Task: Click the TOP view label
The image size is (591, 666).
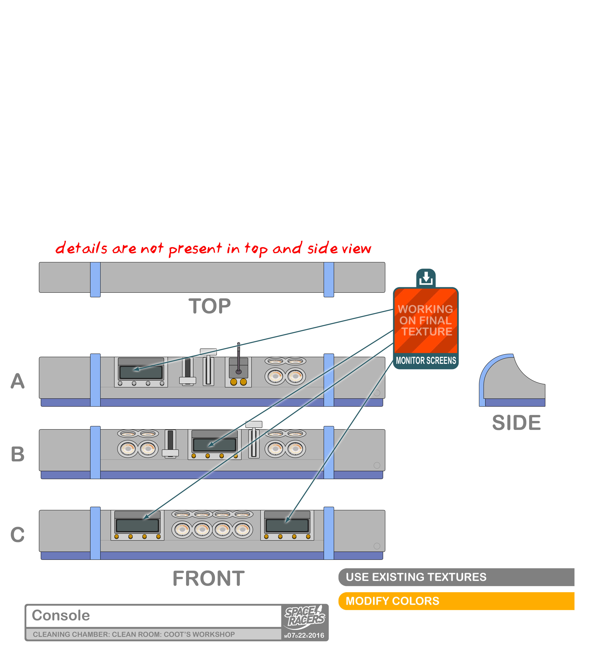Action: [209, 306]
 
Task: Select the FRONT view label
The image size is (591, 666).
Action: [209, 579]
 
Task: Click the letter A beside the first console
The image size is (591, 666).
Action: [18, 381]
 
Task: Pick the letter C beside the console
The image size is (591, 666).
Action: [18, 535]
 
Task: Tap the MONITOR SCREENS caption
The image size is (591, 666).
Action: [426, 360]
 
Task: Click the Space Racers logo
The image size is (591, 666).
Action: [305, 616]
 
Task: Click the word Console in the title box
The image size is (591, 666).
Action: [61, 615]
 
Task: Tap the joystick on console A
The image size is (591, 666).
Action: [239, 358]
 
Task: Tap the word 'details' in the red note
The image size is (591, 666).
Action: [81, 248]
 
